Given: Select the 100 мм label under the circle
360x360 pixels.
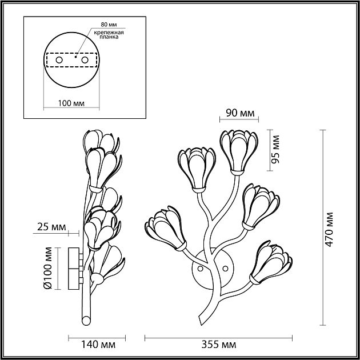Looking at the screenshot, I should click(71, 103).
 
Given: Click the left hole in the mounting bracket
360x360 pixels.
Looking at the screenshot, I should click(58, 59).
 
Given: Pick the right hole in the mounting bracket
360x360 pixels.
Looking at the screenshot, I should click(85, 59).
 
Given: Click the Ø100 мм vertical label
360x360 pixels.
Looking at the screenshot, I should click(49, 268).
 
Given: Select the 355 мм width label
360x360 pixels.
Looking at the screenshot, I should click(219, 345).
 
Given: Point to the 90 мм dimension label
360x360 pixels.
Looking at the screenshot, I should click(239, 112).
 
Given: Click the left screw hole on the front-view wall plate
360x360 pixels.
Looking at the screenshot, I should click(200, 267).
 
